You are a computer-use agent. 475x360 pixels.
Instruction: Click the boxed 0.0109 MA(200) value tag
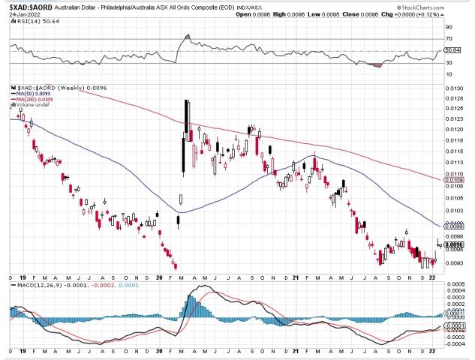coord(453,181)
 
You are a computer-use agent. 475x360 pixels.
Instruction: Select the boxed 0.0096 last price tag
coord(453,244)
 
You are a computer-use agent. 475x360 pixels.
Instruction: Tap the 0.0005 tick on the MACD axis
coord(455,285)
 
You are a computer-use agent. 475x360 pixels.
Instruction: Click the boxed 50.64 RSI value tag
coord(452,50)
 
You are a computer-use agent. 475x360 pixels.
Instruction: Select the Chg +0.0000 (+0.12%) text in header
coord(432,15)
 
